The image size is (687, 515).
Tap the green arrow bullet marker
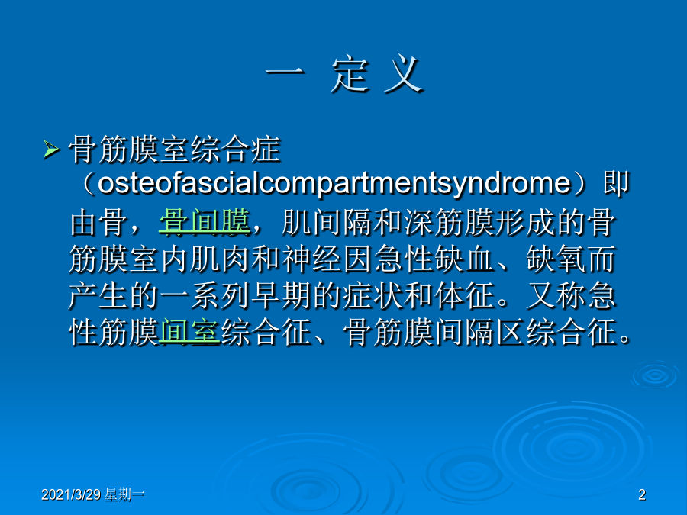[x=51, y=150]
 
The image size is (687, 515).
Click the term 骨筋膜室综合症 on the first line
[x=174, y=149]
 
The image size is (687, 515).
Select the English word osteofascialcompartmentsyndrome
[x=334, y=183]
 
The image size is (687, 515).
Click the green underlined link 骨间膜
[x=205, y=222]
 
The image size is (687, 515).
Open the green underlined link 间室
[x=189, y=332]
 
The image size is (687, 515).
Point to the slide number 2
[x=642, y=494]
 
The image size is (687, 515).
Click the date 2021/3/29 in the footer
[x=71, y=494]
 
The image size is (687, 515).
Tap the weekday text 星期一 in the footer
[x=124, y=494]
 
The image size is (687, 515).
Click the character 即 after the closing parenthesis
[x=615, y=183]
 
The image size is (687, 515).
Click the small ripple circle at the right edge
[x=655, y=375]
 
